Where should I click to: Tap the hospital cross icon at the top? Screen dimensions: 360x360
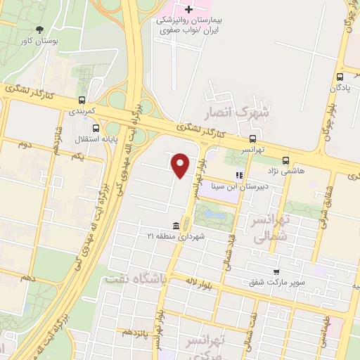(188, 10)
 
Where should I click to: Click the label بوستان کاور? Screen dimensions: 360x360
(36, 42)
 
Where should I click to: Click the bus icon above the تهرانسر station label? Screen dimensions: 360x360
(252, 138)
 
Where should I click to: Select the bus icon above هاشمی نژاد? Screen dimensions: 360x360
(285, 160)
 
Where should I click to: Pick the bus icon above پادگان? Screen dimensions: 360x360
(340, 77)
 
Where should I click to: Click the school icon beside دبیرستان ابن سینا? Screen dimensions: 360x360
(239, 175)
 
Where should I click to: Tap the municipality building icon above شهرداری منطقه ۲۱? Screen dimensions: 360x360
(175, 226)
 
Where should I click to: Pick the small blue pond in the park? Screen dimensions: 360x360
(214, 214)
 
